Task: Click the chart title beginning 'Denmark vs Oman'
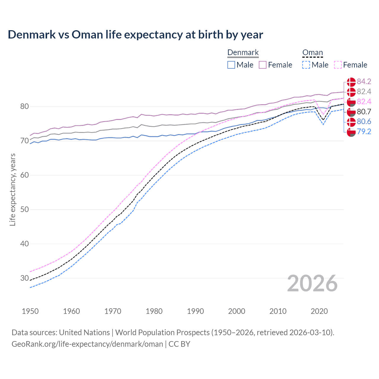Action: (x=135, y=35)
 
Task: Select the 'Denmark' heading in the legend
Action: (x=243, y=53)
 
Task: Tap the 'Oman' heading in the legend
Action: (x=312, y=53)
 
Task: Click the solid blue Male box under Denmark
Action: (x=231, y=65)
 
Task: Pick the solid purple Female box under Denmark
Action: (x=263, y=65)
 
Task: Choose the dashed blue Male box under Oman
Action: (x=306, y=65)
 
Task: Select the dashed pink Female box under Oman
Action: (x=338, y=65)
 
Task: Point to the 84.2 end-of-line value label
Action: (x=364, y=82)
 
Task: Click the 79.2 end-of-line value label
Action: (x=364, y=132)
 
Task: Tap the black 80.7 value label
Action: (x=364, y=112)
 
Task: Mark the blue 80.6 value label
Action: (x=364, y=122)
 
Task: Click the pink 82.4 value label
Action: (x=364, y=102)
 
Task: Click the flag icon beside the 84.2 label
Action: (x=351, y=82)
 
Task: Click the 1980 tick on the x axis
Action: (x=154, y=311)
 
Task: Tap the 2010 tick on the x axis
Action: (x=278, y=311)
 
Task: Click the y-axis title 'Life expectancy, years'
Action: (x=12, y=189)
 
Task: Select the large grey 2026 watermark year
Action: (x=312, y=283)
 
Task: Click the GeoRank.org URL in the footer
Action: (x=87, y=344)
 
